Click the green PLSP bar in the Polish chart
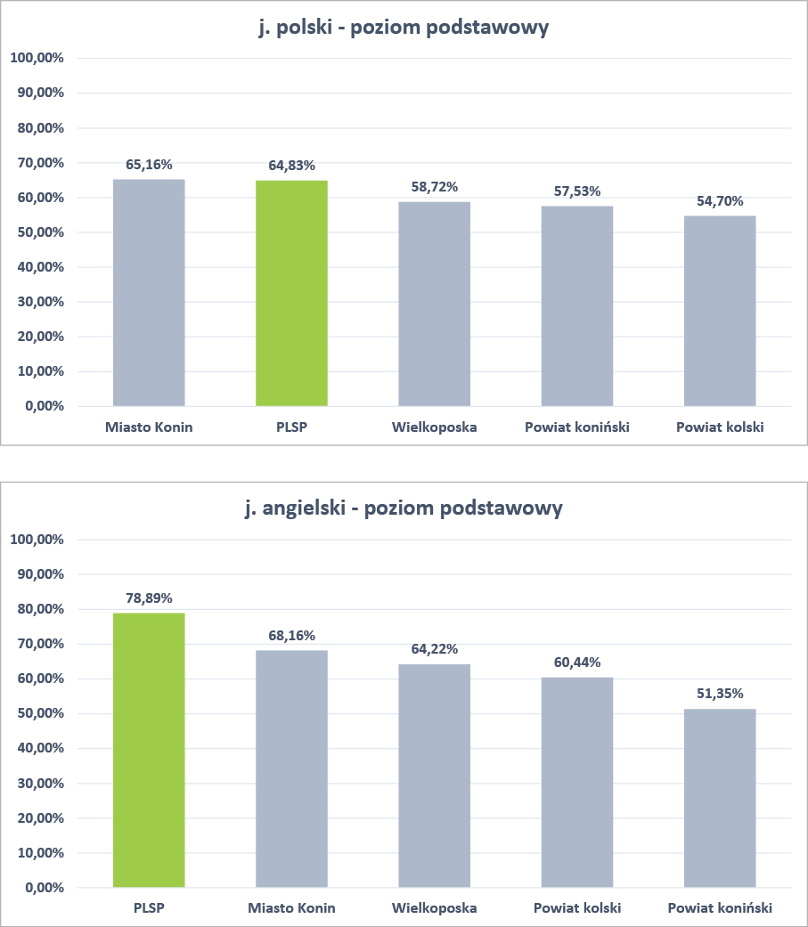[291, 294]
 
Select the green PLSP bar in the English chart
[149, 750]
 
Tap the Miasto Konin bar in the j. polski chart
[149, 293]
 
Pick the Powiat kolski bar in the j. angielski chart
[577, 783]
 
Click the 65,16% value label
[149, 164]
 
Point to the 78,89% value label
[149, 598]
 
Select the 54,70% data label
[720, 201]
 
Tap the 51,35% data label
[720, 693]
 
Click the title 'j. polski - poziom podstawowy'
[404, 28]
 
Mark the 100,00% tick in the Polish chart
[38, 58]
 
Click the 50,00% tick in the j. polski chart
[38, 232]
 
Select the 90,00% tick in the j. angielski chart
[38, 574]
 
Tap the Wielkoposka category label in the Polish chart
[434, 427]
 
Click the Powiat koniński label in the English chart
[720, 908]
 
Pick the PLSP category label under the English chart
[149, 908]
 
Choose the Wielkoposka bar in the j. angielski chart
[434, 776]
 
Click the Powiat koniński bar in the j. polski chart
[577, 306]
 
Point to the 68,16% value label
[291, 635]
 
